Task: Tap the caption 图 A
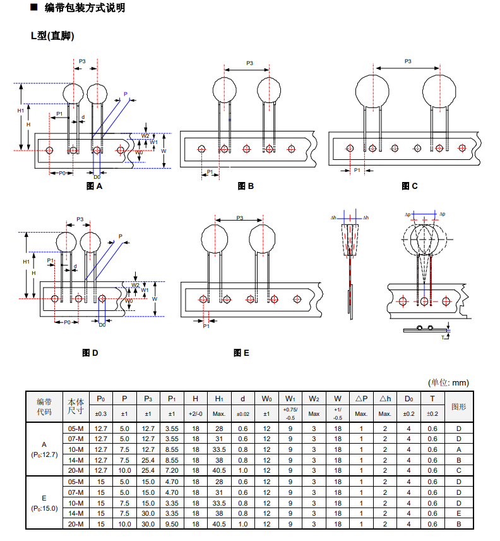94,186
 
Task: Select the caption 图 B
246,186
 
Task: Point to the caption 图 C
410,186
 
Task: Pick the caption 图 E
241,353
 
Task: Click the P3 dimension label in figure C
407,61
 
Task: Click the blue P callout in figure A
126,94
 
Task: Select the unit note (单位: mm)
449,382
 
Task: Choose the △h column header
384,399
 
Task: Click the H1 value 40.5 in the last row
219,524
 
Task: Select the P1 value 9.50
172,524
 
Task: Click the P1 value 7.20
172,470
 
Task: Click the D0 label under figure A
97,177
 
